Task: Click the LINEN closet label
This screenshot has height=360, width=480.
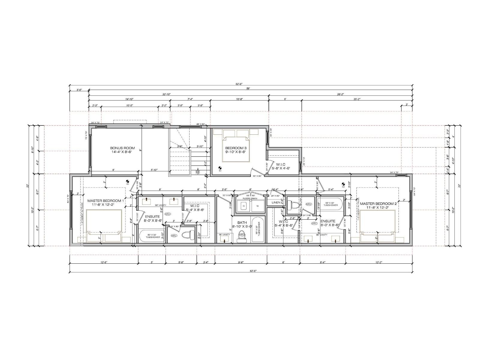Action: point(276,202)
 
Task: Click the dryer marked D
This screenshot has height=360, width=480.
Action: point(244,206)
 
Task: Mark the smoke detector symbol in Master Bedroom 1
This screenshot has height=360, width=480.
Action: point(127,181)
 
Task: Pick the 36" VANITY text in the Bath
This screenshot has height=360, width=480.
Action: point(224,235)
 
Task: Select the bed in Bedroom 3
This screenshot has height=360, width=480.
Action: point(236,146)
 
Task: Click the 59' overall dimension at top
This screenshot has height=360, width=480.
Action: point(248,88)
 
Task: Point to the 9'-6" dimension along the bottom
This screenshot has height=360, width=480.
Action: point(241,262)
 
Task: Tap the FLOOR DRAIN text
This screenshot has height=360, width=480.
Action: point(250,199)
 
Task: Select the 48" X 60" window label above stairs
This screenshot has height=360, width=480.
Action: point(200,124)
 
